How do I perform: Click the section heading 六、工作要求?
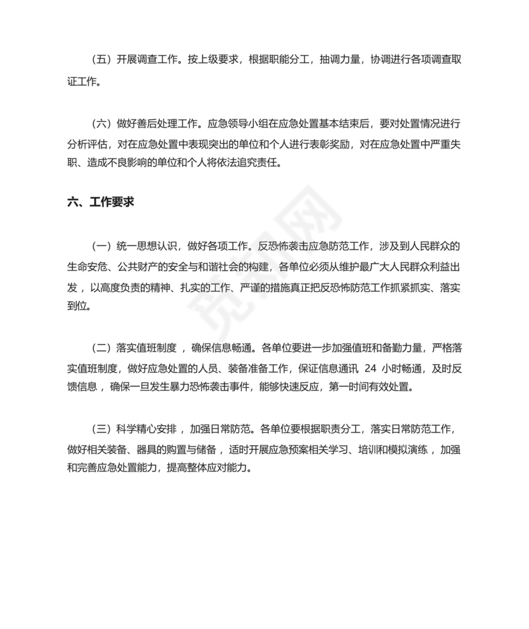point(100,202)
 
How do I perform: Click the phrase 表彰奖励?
point(318,143)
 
